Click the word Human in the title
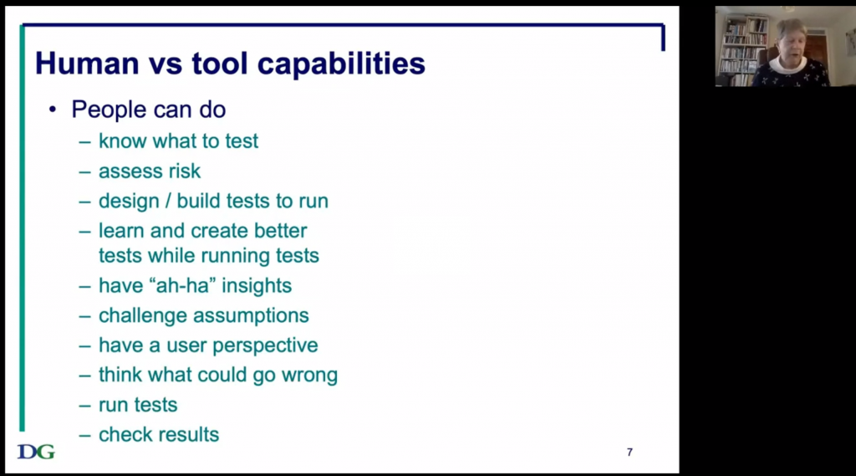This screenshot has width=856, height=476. click(87, 64)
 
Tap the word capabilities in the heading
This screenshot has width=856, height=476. click(341, 64)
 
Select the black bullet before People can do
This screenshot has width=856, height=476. click(53, 110)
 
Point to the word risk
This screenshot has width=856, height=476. click(185, 171)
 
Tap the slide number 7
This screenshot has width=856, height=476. click(629, 452)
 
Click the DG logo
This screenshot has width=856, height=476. click(36, 452)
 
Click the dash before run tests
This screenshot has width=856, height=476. click(84, 406)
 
